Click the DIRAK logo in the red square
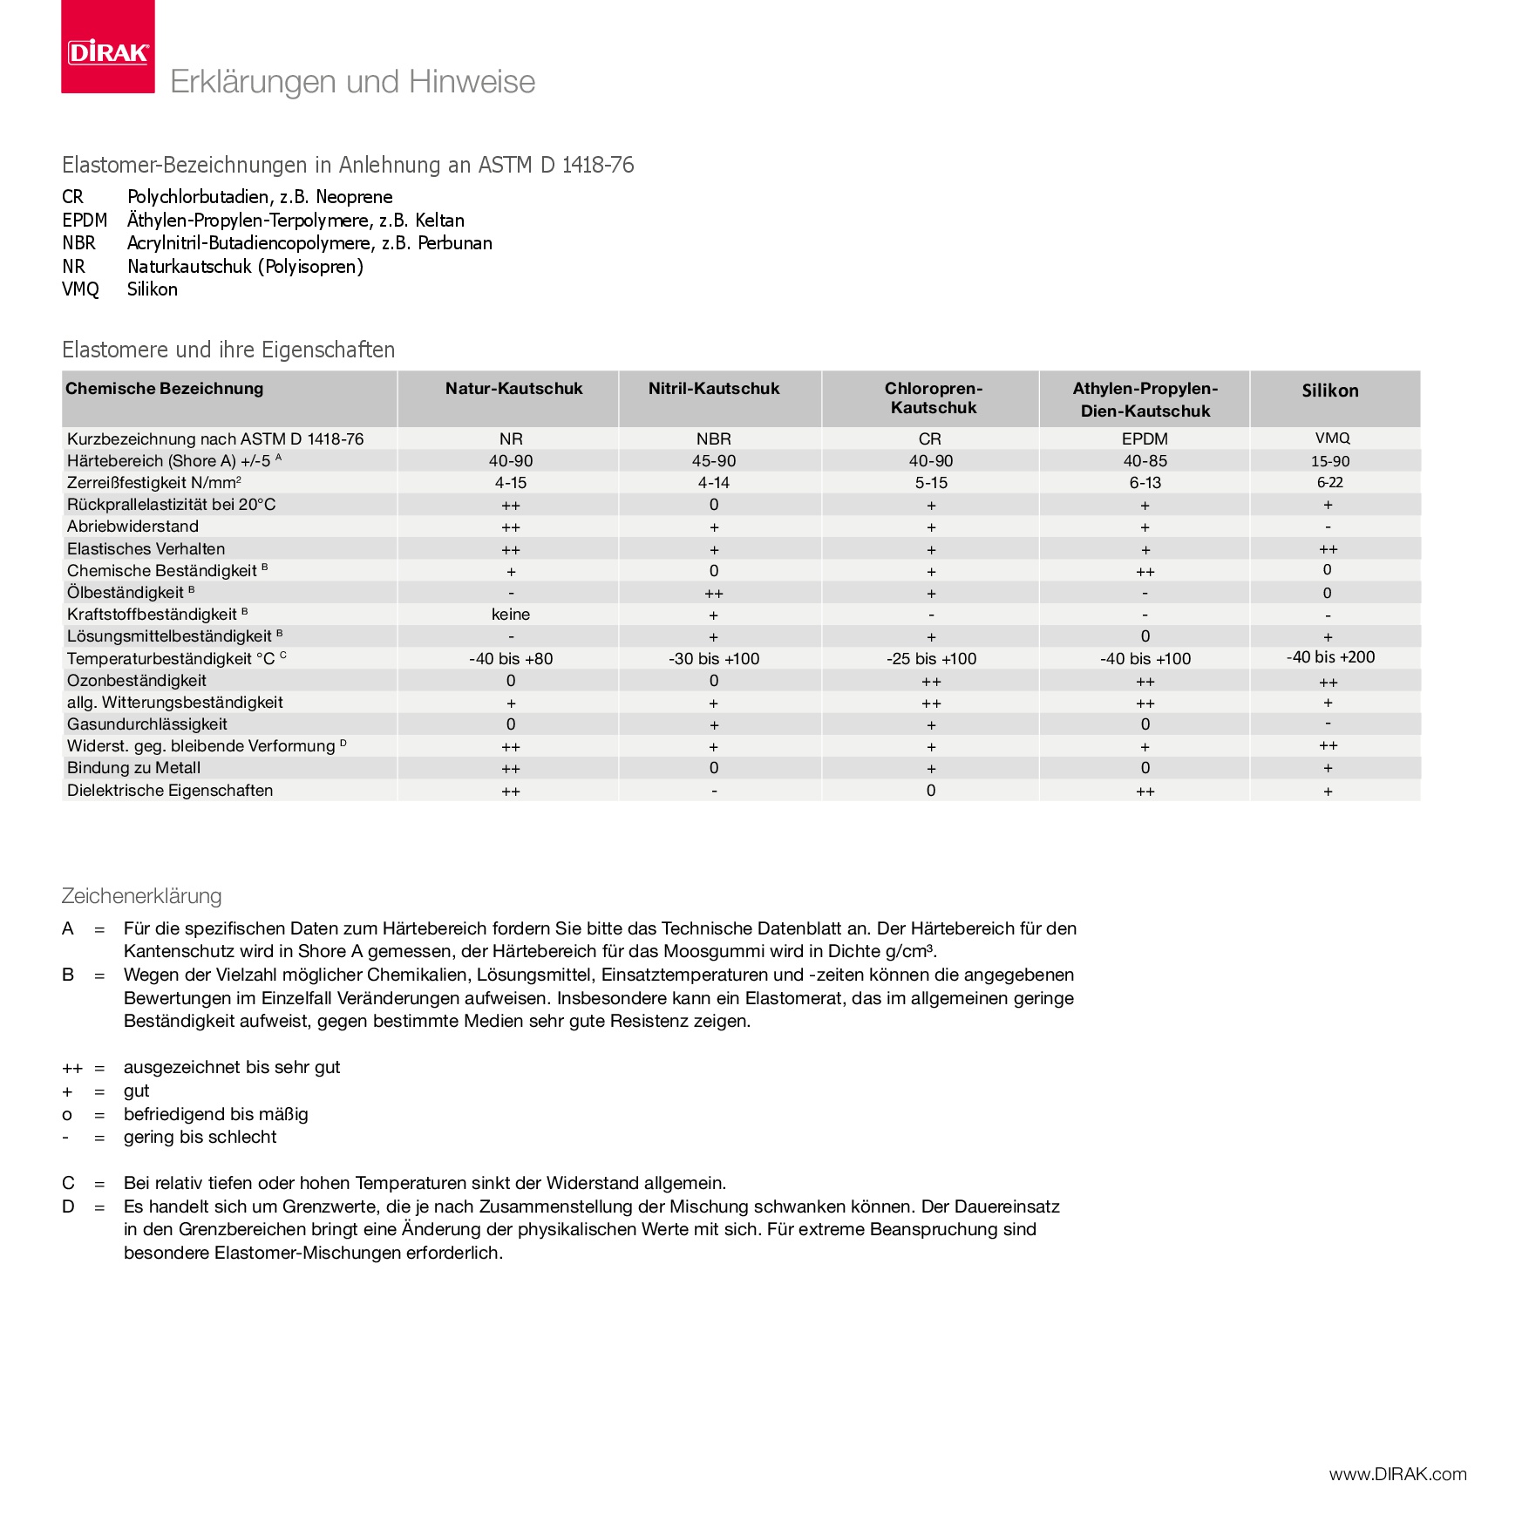[108, 52]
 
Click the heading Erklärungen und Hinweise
[352, 82]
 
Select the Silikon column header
[1330, 391]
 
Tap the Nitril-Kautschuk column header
[714, 389]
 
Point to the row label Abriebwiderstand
[133, 527]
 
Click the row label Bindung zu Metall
[133, 768]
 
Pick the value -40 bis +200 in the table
[1330, 657]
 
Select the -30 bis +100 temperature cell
[714, 659]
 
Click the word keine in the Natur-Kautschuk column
[511, 615]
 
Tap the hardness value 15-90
[1330, 461]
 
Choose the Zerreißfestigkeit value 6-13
[1145, 483]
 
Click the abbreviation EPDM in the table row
[1145, 439]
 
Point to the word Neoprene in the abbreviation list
[354, 197]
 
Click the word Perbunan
[454, 243]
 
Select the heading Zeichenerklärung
[141, 896]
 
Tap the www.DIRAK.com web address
[1397, 1474]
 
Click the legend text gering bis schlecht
[200, 1138]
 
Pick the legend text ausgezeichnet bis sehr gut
[232, 1068]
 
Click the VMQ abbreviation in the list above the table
[80, 289]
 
